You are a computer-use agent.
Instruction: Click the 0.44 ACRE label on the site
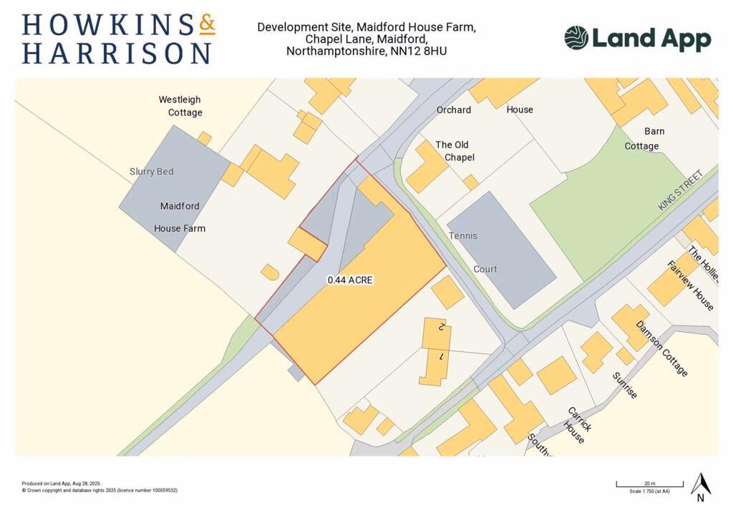pyautogui.click(x=350, y=280)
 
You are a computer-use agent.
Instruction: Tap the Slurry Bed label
pyautogui.click(x=151, y=172)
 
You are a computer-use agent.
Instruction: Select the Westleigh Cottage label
pyautogui.click(x=180, y=106)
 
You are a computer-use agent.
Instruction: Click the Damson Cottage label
pyautogui.click(x=662, y=349)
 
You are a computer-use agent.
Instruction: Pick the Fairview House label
pyautogui.click(x=691, y=285)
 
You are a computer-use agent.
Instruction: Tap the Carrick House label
pyautogui.click(x=578, y=424)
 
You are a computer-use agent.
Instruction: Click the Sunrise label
pyautogui.click(x=625, y=385)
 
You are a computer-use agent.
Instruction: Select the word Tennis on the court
pyautogui.click(x=462, y=235)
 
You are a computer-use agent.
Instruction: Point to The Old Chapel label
pyautogui.click(x=455, y=151)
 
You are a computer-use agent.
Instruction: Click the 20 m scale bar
pyautogui.click(x=649, y=485)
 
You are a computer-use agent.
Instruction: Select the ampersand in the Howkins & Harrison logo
pyautogui.click(x=206, y=25)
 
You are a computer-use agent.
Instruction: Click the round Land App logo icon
pyautogui.click(x=576, y=38)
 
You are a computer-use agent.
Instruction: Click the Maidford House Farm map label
pyautogui.click(x=180, y=218)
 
